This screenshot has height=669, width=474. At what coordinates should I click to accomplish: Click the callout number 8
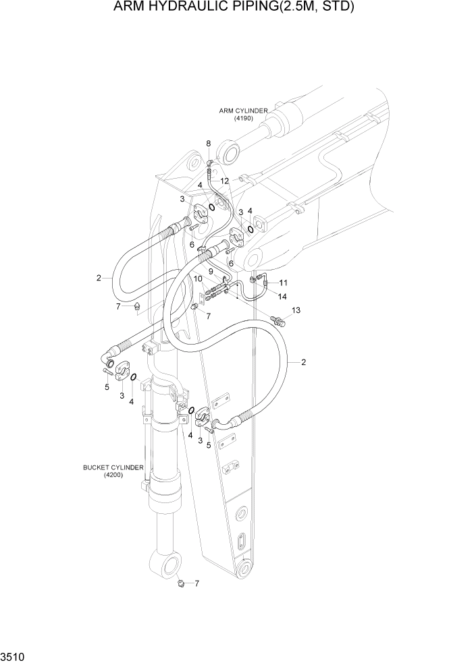[x=209, y=144]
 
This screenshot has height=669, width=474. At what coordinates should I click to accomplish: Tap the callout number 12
[x=224, y=181]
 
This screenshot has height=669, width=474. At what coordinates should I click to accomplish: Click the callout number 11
[x=283, y=282]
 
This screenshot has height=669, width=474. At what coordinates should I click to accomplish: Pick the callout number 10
[x=199, y=279]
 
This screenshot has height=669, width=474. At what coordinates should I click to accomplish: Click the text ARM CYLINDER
[x=243, y=111]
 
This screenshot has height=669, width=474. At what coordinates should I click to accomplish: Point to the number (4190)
[x=243, y=119]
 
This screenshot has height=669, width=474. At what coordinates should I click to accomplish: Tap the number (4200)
[x=112, y=475]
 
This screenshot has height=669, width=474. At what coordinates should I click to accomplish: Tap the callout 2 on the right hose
[x=303, y=362]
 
